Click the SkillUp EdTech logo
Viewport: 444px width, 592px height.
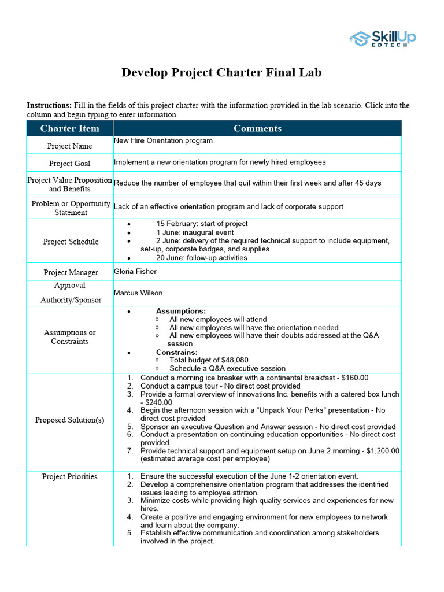coord(382,39)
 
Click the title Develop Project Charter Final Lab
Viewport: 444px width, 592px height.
coord(221,73)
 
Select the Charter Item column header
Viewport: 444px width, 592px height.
coord(69,128)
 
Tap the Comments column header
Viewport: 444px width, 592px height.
coord(257,128)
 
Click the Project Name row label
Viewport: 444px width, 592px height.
coord(69,146)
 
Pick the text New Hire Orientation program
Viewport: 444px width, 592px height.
coord(163,141)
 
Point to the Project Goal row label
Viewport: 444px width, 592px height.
coord(69,164)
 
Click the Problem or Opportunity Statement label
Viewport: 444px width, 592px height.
coord(70,208)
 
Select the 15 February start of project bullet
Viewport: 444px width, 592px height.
coord(201,224)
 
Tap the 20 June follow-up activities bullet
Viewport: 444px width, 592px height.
coord(201,258)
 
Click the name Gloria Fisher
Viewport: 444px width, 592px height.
coord(135,272)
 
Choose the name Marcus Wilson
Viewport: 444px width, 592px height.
coord(138,293)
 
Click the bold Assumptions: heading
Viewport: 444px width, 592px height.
coord(180,311)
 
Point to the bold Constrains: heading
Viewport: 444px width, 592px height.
coord(176,352)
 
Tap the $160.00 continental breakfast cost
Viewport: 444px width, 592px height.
coord(354,378)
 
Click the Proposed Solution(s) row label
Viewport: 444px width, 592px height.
coord(69,420)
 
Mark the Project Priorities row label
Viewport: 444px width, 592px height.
coord(69,477)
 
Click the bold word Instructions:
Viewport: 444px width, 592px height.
coord(49,105)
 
